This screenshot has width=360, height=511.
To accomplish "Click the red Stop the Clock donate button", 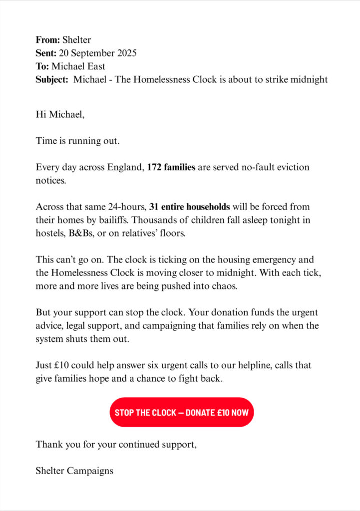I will pos(182,412).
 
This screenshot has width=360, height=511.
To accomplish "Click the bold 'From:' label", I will pos(48,40).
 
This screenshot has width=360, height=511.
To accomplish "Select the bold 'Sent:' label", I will pos(46,53).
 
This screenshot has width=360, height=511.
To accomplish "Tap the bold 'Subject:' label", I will pos(52,79).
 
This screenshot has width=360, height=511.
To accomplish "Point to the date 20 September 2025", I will pos(98,53).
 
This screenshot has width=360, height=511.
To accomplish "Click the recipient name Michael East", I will pos(82,66).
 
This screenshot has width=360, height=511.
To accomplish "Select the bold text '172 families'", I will pos(171,167).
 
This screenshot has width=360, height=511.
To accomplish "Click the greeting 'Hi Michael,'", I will pos(60,115).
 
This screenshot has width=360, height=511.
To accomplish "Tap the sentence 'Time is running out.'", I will pos(78,141).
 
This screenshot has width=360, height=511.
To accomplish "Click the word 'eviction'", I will pos(292,167).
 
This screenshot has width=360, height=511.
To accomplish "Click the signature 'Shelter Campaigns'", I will pos(74,470).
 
